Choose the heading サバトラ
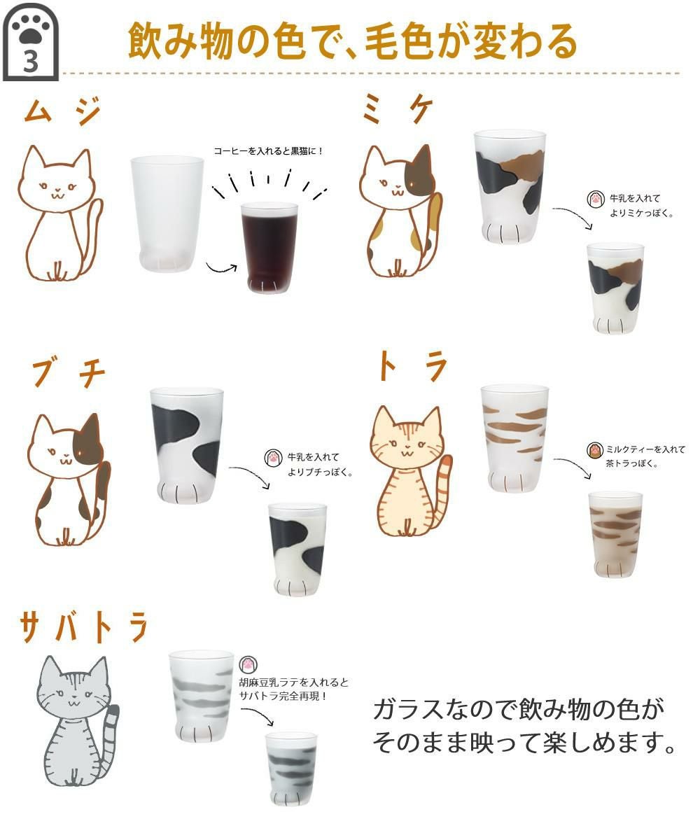84,626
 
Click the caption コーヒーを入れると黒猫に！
269,150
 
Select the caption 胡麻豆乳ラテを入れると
294,682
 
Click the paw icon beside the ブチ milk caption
272,458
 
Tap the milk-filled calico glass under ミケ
615,287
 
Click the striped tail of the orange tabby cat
442,490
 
